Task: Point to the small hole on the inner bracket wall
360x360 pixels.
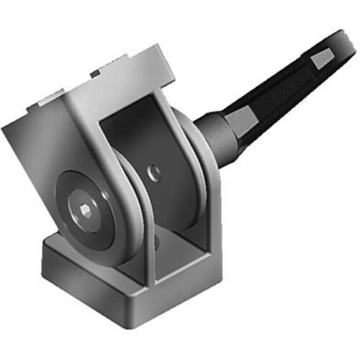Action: (x=152, y=172)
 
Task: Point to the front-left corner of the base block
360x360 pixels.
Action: (x=45, y=248)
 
